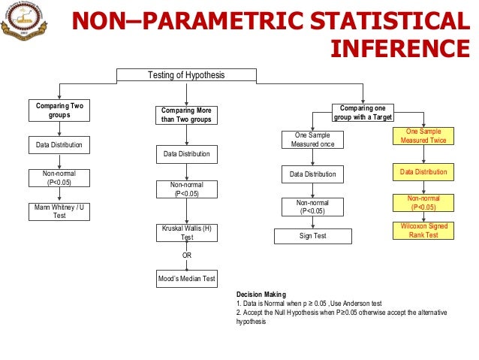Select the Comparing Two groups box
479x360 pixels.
pyautogui.click(x=59, y=111)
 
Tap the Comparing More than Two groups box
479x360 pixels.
pyautogui.click(x=187, y=115)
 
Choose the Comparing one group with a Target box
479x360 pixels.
pyautogui.click(x=363, y=111)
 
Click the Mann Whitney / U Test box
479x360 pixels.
pyautogui.click(x=59, y=210)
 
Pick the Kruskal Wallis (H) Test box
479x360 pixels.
pyautogui.click(x=187, y=232)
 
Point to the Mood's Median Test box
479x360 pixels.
pyautogui.click(x=187, y=279)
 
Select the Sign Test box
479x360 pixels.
pyautogui.click(x=312, y=237)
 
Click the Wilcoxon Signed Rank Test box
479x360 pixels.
pyautogui.click(x=424, y=231)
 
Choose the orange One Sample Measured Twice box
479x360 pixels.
pyautogui.click(x=424, y=135)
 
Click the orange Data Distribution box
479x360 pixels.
pyautogui.click(x=424, y=173)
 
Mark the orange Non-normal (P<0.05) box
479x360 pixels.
pyautogui.click(x=424, y=203)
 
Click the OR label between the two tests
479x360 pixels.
pyautogui.click(x=187, y=256)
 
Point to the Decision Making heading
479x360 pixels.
pyautogui.click(x=261, y=295)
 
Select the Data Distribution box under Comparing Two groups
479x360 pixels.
pyautogui.click(x=59, y=144)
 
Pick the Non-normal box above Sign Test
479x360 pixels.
pyautogui.click(x=312, y=206)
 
